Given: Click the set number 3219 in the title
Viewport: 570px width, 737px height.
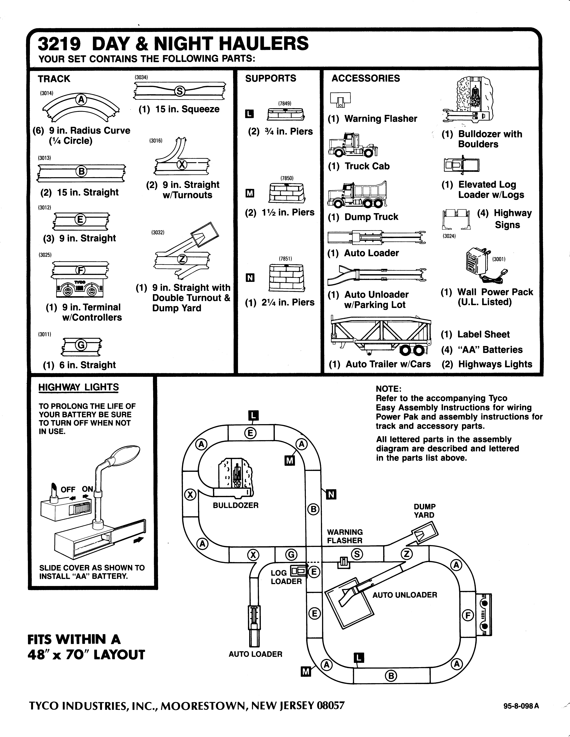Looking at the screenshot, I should (59, 44).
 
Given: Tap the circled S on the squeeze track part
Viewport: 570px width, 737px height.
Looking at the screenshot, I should (180, 91).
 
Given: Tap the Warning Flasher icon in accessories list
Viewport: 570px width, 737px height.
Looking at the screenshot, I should (341, 100).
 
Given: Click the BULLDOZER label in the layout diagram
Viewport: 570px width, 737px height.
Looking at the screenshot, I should (236, 505).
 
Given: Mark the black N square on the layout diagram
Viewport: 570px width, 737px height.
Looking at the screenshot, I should (331, 495).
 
